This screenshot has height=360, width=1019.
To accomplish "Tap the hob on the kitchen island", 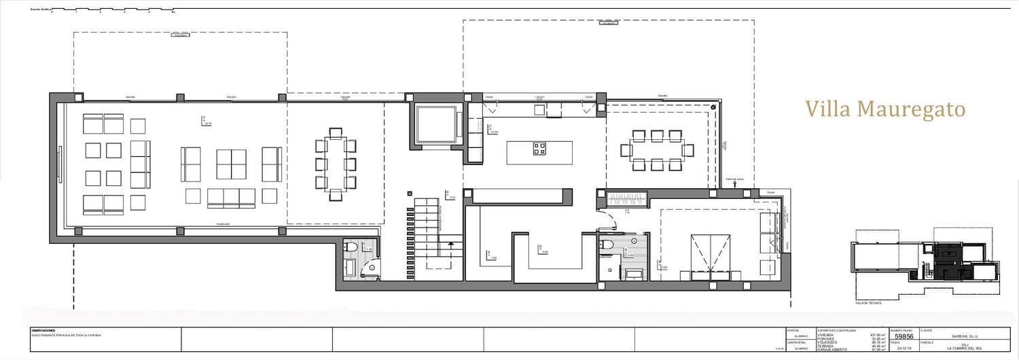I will pyautogui.click(x=539, y=149).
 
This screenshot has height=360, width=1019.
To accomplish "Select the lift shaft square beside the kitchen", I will pyautogui.click(x=436, y=124).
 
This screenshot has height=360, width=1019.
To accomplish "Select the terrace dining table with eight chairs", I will pyautogui.click(x=657, y=150).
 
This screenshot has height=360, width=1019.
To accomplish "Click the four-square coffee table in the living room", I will pyautogui.click(x=231, y=164).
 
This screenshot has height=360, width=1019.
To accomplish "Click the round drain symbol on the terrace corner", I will pyautogui.click(x=713, y=108).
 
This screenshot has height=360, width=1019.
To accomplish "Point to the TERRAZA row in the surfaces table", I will pyautogui.click(x=826, y=346).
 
